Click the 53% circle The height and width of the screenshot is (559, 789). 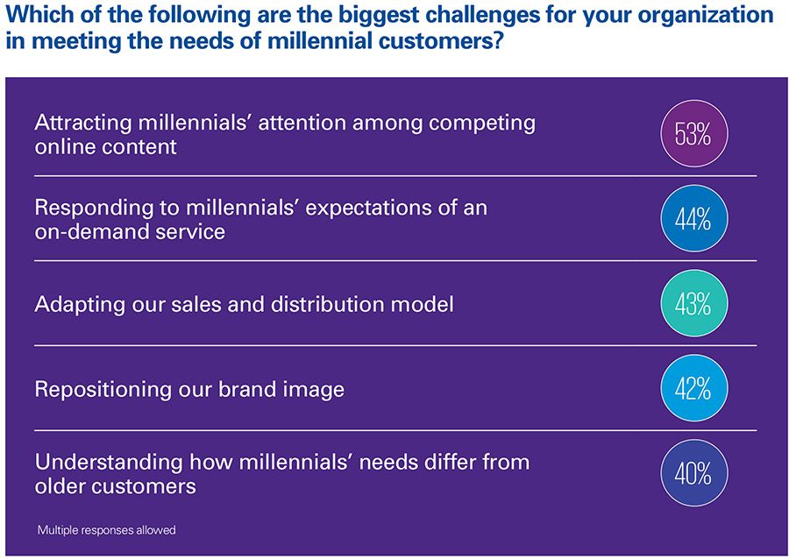coord(694,134)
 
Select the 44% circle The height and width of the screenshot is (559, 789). coord(694,219)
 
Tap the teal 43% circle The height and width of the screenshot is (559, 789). coord(694,304)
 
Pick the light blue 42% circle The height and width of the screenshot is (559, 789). coord(694,389)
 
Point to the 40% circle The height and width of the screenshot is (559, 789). coord(694,473)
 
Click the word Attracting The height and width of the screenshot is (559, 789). coord(83,124)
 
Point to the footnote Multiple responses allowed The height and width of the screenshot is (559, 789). coord(107,530)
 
